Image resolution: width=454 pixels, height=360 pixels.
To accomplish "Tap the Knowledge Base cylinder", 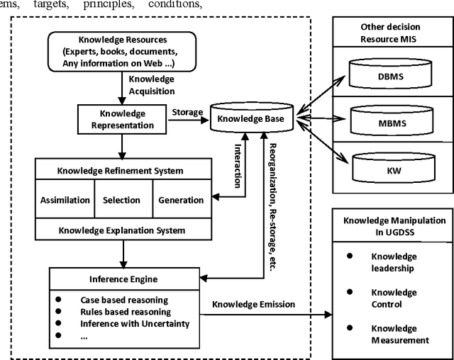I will pyautogui.click(x=250, y=119).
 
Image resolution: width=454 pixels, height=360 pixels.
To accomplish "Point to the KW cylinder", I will pyautogui.click(x=389, y=170).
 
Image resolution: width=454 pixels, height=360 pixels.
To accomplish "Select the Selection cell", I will pyautogui.click(x=122, y=200).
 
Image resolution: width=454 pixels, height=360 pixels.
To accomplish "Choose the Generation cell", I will pyautogui.click(x=181, y=200).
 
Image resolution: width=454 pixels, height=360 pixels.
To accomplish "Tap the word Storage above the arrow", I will pyautogui.click(x=187, y=112).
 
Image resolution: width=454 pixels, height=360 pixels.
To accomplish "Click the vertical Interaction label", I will pyautogui.click(x=238, y=164).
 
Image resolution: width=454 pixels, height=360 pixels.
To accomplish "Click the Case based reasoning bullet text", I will pyautogui.click(x=125, y=300).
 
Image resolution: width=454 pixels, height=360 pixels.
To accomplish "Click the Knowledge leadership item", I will pyautogui.click(x=394, y=262).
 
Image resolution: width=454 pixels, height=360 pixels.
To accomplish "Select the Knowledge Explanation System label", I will pyautogui.click(x=122, y=230).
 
